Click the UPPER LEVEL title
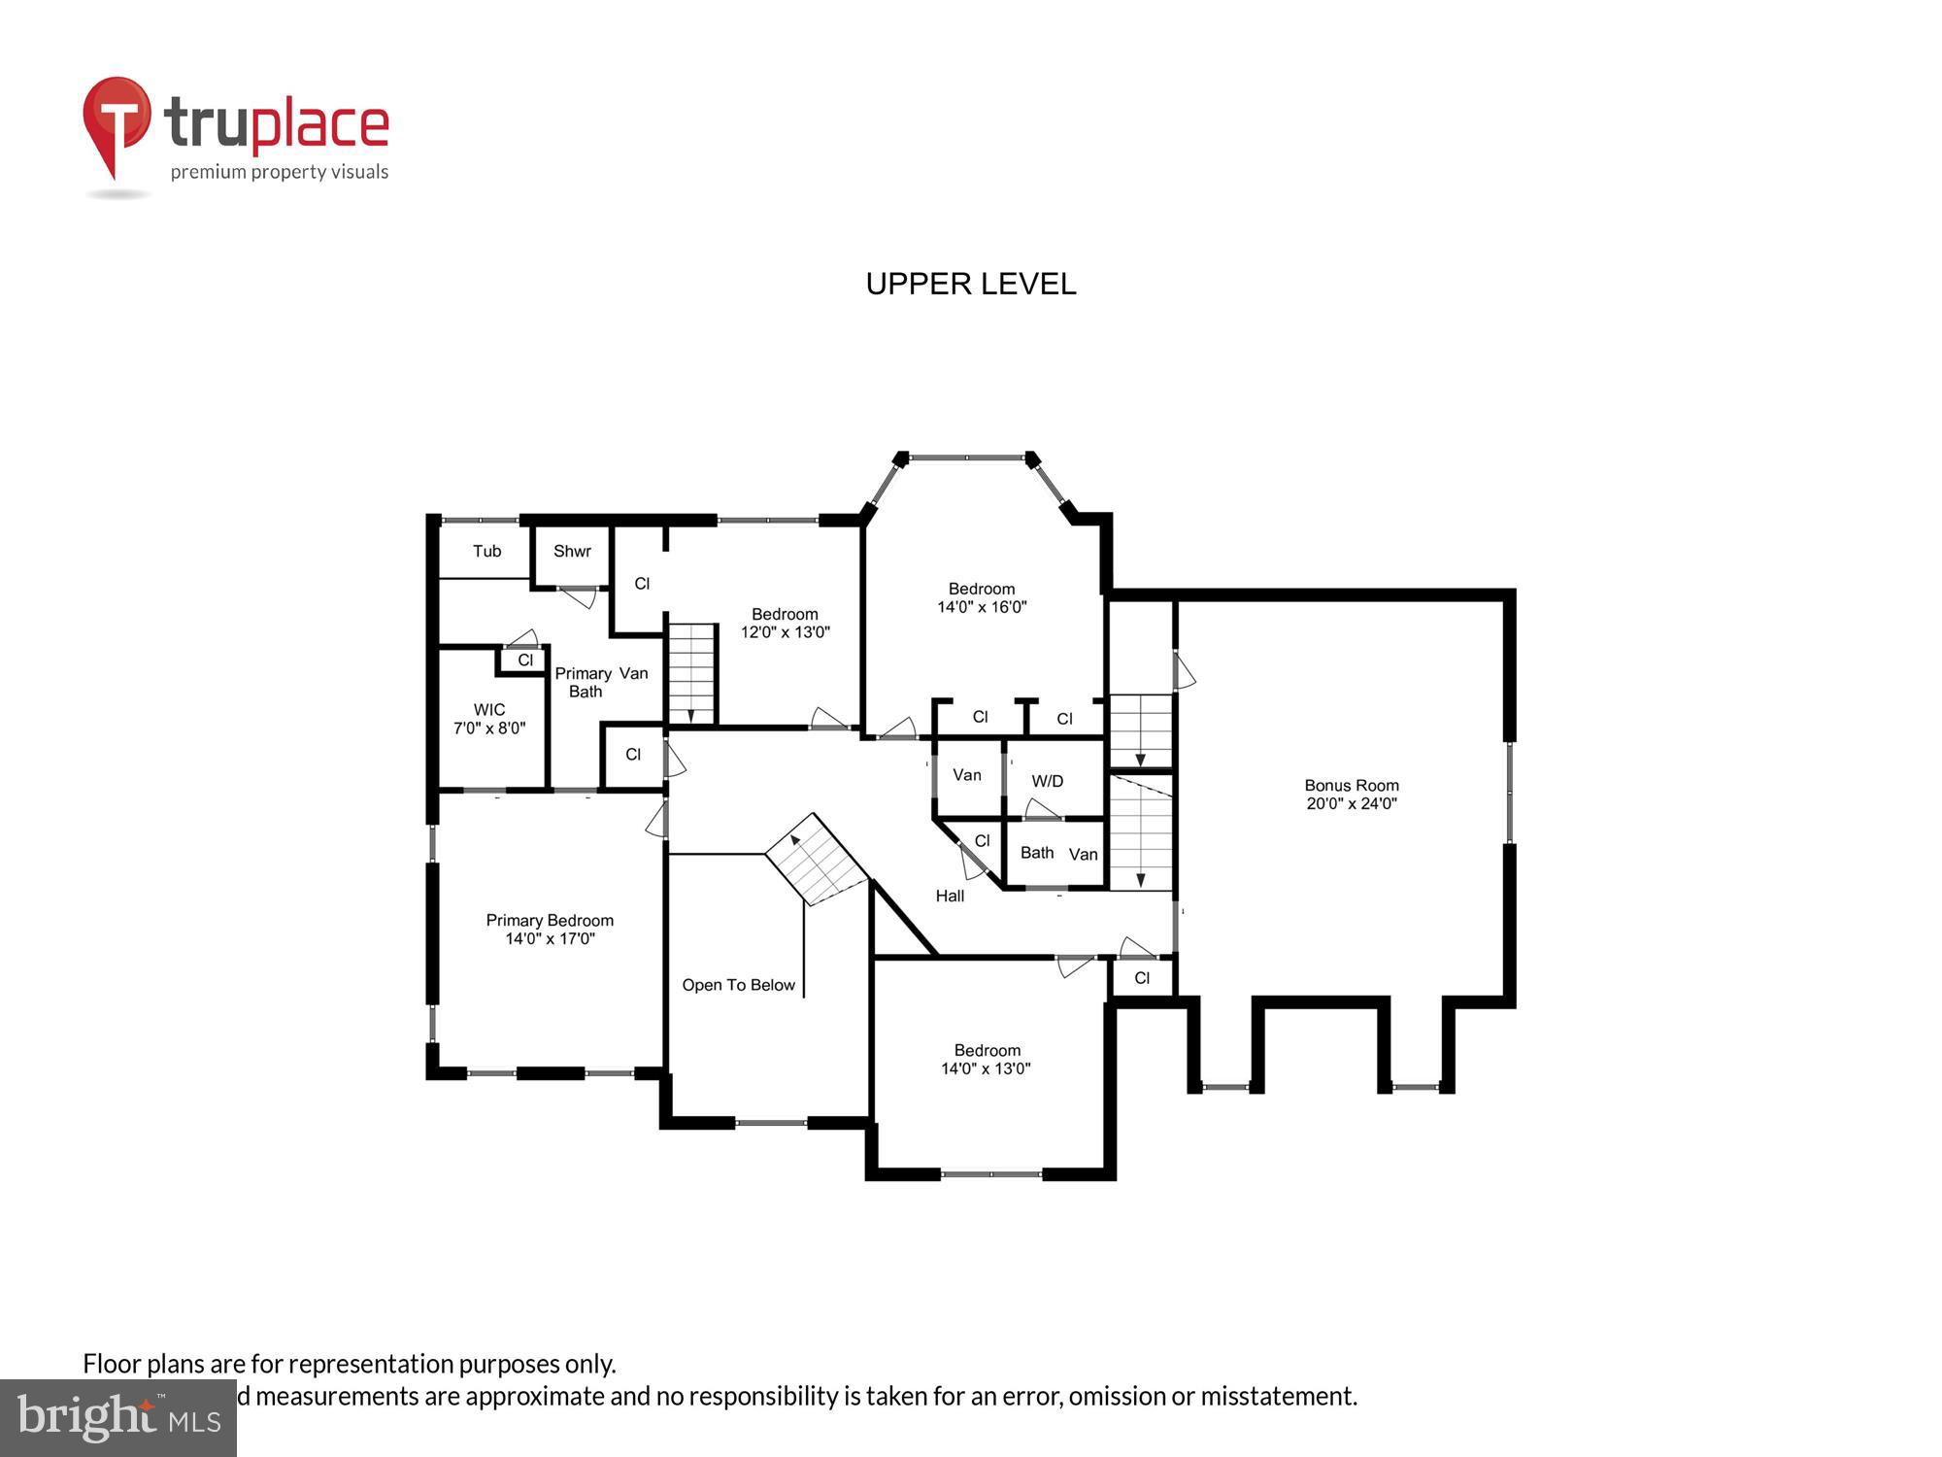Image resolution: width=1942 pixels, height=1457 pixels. pyautogui.click(x=970, y=284)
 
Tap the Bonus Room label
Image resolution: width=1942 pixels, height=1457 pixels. pyautogui.click(x=1351, y=794)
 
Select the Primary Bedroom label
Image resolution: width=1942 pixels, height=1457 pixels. pyautogui.click(x=550, y=929)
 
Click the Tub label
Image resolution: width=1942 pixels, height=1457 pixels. pyautogui.click(x=486, y=551)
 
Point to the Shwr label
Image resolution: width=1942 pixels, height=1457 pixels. pyautogui.click(x=572, y=551)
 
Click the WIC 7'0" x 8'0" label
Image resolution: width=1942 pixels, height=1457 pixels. pyautogui.click(x=489, y=719)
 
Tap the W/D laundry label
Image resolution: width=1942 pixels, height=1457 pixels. pyautogui.click(x=1047, y=781)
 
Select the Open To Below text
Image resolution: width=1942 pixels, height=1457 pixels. pyautogui.click(x=738, y=985)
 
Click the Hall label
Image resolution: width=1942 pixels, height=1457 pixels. pyautogui.click(x=950, y=896)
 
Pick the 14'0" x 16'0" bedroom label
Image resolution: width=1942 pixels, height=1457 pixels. pyautogui.click(x=982, y=597)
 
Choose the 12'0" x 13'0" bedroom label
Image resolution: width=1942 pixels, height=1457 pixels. pyautogui.click(x=785, y=623)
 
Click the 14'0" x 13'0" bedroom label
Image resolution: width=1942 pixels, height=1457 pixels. pyautogui.click(x=987, y=1059)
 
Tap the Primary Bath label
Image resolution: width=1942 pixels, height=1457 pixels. pyautogui.click(x=585, y=682)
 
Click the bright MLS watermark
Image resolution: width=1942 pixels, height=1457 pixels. pyautogui.click(x=118, y=1418)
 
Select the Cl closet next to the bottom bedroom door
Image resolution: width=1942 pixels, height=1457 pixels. pyautogui.click(x=1142, y=977)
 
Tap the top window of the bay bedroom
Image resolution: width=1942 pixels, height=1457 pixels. pyautogui.click(x=966, y=457)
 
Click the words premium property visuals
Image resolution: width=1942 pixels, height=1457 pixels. pyautogui.click(x=280, y=173)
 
